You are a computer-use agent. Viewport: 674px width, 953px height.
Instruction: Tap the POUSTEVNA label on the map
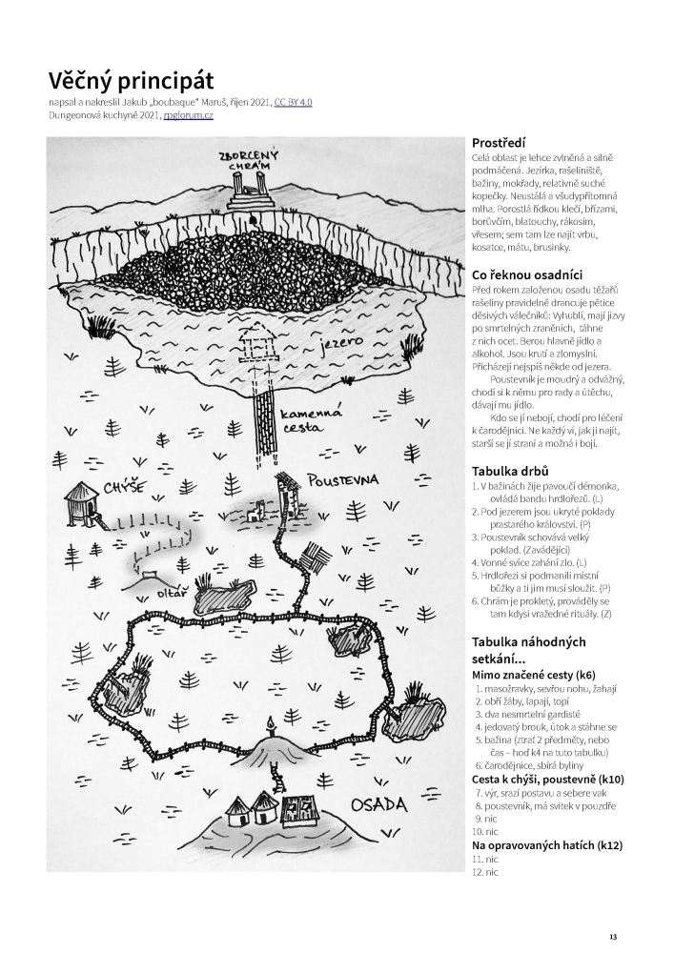343,478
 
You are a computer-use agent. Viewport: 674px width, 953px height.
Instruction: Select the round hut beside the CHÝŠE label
80,500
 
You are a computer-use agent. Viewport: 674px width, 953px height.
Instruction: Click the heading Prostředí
505,143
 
